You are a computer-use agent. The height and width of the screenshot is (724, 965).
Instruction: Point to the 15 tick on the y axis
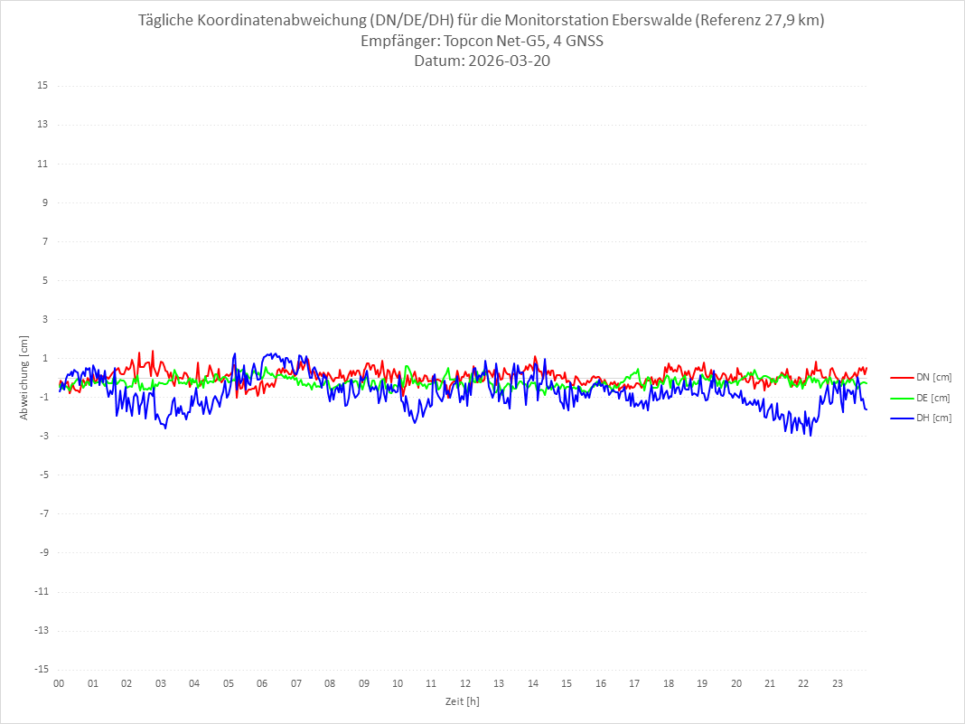click(42, 86)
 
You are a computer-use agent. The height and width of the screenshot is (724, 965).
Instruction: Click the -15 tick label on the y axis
click(40, 669)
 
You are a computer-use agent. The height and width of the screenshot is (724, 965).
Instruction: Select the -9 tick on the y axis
click(42, 552)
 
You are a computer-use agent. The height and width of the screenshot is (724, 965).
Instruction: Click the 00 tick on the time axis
click(59, 683)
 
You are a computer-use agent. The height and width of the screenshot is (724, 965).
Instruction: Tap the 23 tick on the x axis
click(838, 683)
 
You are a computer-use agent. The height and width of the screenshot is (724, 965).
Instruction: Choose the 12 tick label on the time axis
click(465, 683)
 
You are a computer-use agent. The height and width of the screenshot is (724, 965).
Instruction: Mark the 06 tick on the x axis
click(262, 683)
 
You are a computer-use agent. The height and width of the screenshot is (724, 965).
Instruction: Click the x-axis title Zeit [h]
click(462, 700)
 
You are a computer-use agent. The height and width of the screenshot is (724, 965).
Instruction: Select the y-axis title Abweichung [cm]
click(24, 378)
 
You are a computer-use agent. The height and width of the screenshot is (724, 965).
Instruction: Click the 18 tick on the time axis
click(669, 683)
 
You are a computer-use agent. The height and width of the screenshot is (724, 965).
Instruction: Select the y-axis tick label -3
click(42, 436)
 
